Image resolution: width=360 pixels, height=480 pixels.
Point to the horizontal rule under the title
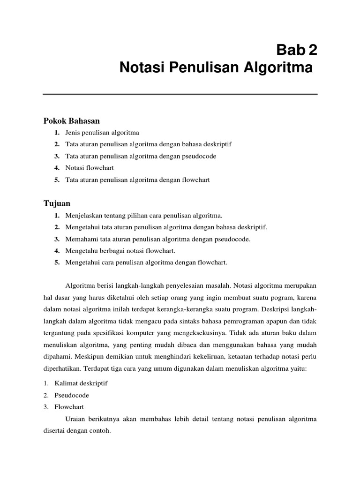pos(180,94)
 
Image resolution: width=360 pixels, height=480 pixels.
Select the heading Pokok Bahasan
pos(72,121)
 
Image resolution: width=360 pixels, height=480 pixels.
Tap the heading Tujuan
pos(57,203)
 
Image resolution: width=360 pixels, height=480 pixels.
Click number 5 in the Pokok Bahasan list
pos(57,180)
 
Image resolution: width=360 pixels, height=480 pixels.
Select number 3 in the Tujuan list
pos(57,239)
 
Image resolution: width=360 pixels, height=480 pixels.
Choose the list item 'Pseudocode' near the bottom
pos(71,395)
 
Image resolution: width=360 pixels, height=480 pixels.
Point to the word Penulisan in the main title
pos(198,68)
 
